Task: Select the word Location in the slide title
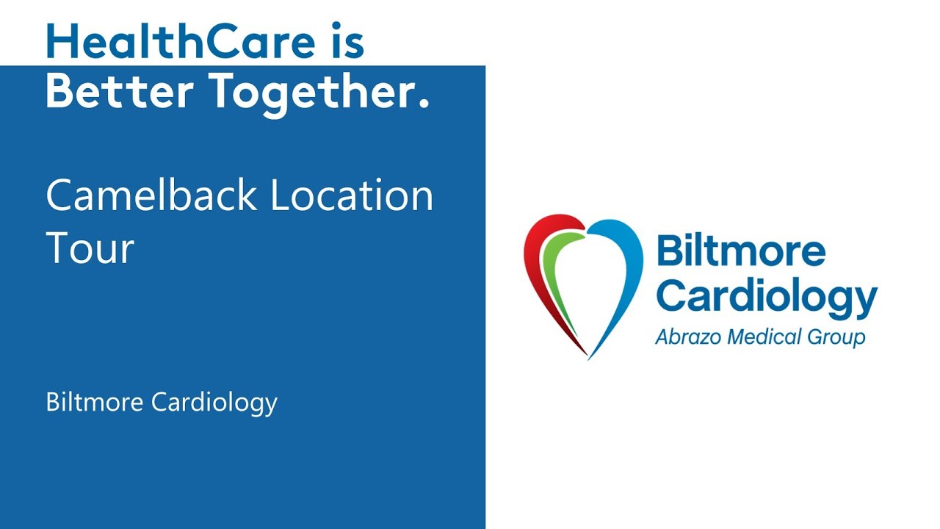(352, 195)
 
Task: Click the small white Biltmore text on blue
(95, 402)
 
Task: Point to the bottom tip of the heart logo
(588, 356)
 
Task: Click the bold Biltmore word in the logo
(740, 251)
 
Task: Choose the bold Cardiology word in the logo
(766, 297)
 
